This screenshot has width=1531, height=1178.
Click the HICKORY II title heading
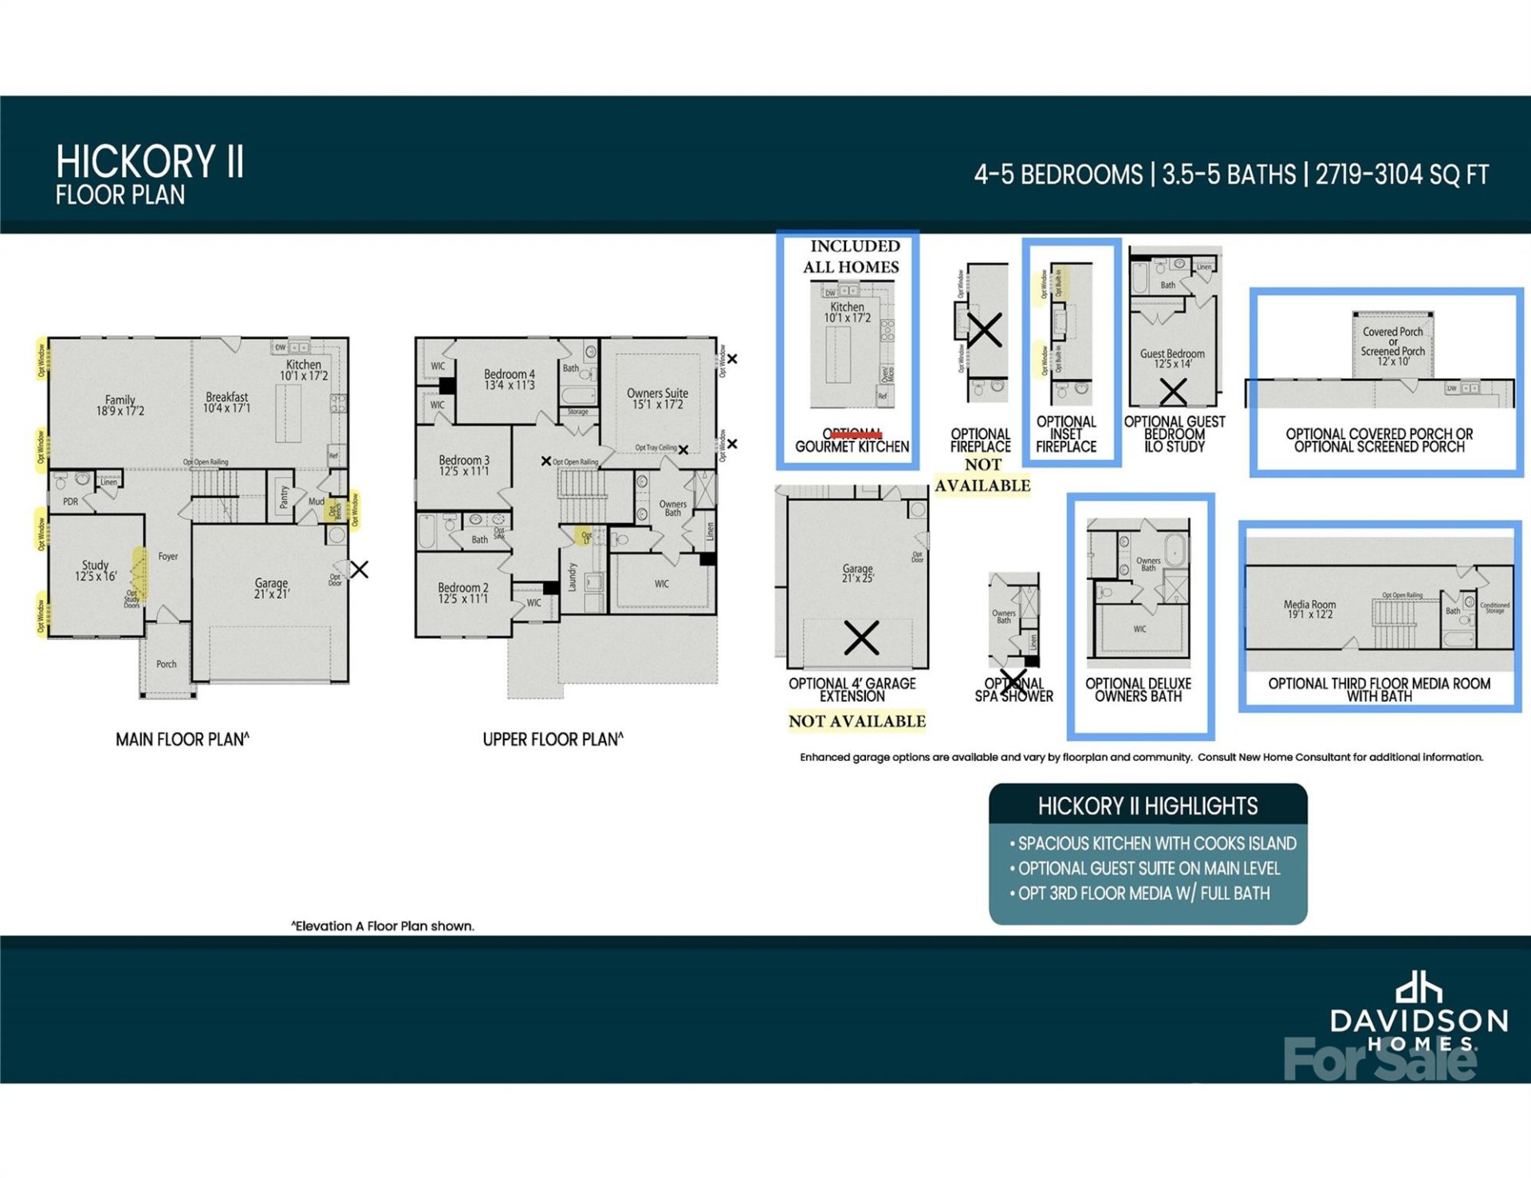pyautogui.click(x=150, y=162)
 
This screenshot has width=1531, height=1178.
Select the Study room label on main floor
pyautogui.click(x=96, y=569)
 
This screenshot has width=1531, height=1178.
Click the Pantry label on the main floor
pyautogui.click(x=283, y=498)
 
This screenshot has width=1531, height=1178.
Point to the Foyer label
pyautogui.click(x=167, y=556)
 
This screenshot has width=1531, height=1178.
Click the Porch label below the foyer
pyautogui.click(x=166, y=664)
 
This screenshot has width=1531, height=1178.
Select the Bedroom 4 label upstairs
pyautogui.click(x=510, y=379)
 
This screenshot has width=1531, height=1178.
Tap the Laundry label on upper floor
pyautogui.click(x=572, y=577)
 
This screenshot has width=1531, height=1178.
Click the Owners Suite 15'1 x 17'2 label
pyautogui.click(x=657, y=398)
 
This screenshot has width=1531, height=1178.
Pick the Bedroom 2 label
pyautogui.click(x=463, y=593)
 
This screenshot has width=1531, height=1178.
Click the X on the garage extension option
pyautogui.click(x=861, y=637)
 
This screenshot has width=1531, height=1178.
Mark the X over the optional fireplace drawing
pyautogui.click(x=985, y=329)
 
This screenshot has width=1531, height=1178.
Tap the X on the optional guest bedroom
pyautogui.click(x=1173, y=392)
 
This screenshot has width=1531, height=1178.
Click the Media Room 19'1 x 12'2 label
pyautogui.click(x=1309, y=609)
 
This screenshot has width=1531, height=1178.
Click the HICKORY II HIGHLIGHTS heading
pyautogui.click(x=1147, y=806)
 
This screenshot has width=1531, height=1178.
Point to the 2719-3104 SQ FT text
pyautogui.click(x=1401, y=175)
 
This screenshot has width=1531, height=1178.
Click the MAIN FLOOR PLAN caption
pyautogui.click(x=182, y=739)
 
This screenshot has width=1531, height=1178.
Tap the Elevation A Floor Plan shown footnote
pyautogui.click(x=382, y=926)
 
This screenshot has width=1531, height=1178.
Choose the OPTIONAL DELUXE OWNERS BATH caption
pyautogui.click(x=1138, y=690)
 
